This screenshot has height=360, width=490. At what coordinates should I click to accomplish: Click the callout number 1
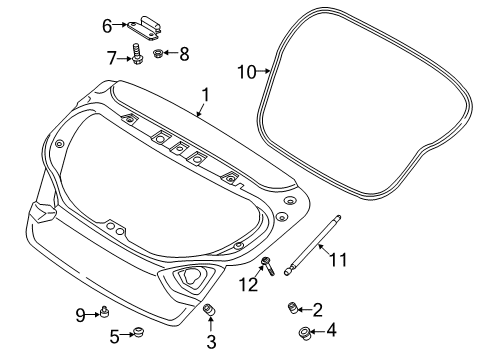point(206,95)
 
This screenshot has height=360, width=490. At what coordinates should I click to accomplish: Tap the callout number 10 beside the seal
point(247,72)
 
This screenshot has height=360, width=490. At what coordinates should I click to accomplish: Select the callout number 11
point(338,260)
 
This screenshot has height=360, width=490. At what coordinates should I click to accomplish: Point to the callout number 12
point(248,285)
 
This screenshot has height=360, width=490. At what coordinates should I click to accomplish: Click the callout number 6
point(107,26)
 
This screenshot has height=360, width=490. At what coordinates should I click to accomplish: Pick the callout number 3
point(211,342)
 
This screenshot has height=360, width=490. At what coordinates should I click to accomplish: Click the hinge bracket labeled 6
point(144,28)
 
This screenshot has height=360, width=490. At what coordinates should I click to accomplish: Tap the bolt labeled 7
point(137,54)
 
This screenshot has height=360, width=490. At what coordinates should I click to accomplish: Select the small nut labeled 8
point(158,53)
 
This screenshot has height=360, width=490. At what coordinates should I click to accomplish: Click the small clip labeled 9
point(105,313)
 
